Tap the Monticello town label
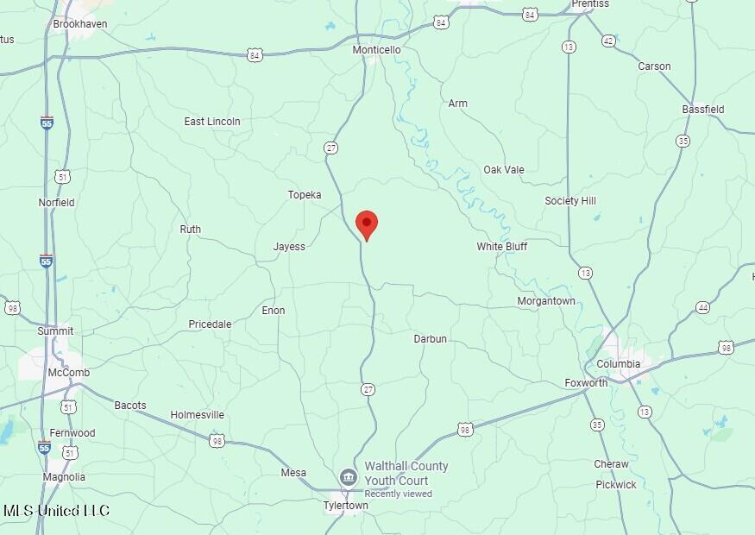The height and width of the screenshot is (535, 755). [x=377, y=50]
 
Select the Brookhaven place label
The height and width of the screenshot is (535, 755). [x=80, y=24]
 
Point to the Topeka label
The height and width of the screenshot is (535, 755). [x=305, y=195]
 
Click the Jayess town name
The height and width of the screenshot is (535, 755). [x=289, y=247]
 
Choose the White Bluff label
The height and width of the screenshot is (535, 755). [x=502, y=247]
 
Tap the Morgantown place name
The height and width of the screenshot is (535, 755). [x=546, y=301]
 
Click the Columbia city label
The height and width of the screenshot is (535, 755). [x=619, y=364]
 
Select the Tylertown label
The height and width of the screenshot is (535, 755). [x=345, y=506]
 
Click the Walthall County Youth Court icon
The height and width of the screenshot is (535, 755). [x=348, y=476]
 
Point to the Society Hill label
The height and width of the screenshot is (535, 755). [x=570, y=201]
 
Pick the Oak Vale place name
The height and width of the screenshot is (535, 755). [x=504, y=170]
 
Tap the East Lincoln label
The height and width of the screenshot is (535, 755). [x=212, y=122]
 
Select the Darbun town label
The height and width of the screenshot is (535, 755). [x=431, y=339]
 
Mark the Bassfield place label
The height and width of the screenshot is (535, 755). [x=703, y=110]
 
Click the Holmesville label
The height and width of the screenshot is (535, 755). [x=198, y=415]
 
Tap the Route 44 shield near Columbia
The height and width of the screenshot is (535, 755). [x=703, y=308]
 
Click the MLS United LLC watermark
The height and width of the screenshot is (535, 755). [x=56, y=511]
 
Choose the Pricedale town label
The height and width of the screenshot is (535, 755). [x=210, y=324]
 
